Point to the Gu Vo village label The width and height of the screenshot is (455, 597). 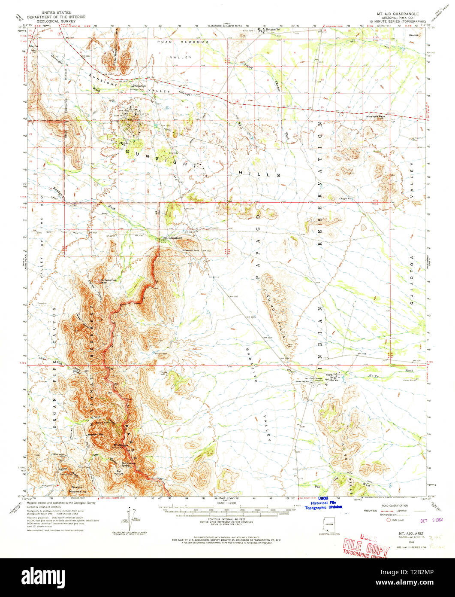pyautogui.click(x=334, y=380)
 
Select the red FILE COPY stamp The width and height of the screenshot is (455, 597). pyautogui.click(x=366, y=547)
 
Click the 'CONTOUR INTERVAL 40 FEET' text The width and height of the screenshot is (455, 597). pyautogui.click(x=227, y=519)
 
